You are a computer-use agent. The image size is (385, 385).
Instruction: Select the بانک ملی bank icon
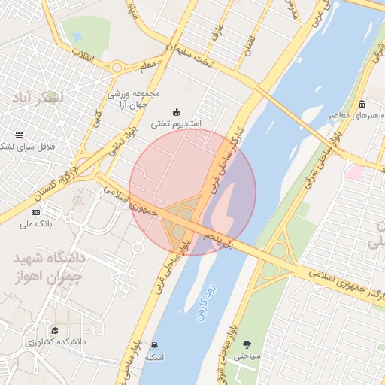tap(35, 214)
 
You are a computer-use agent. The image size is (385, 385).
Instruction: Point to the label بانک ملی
tap(35, 224)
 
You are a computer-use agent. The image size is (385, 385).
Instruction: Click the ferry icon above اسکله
tap(155, 344)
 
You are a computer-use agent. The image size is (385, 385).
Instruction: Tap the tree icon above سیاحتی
tap(247, 344)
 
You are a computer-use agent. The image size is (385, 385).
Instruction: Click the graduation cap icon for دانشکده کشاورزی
tap(54, 331)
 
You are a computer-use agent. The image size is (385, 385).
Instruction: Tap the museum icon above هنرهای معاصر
tap(362, 104)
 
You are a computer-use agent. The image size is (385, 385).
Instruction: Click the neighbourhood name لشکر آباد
tap(38, 99)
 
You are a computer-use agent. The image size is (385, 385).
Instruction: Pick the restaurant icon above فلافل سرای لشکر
tap(19, 135)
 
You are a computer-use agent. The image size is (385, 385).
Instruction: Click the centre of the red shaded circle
tap(192, 192)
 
